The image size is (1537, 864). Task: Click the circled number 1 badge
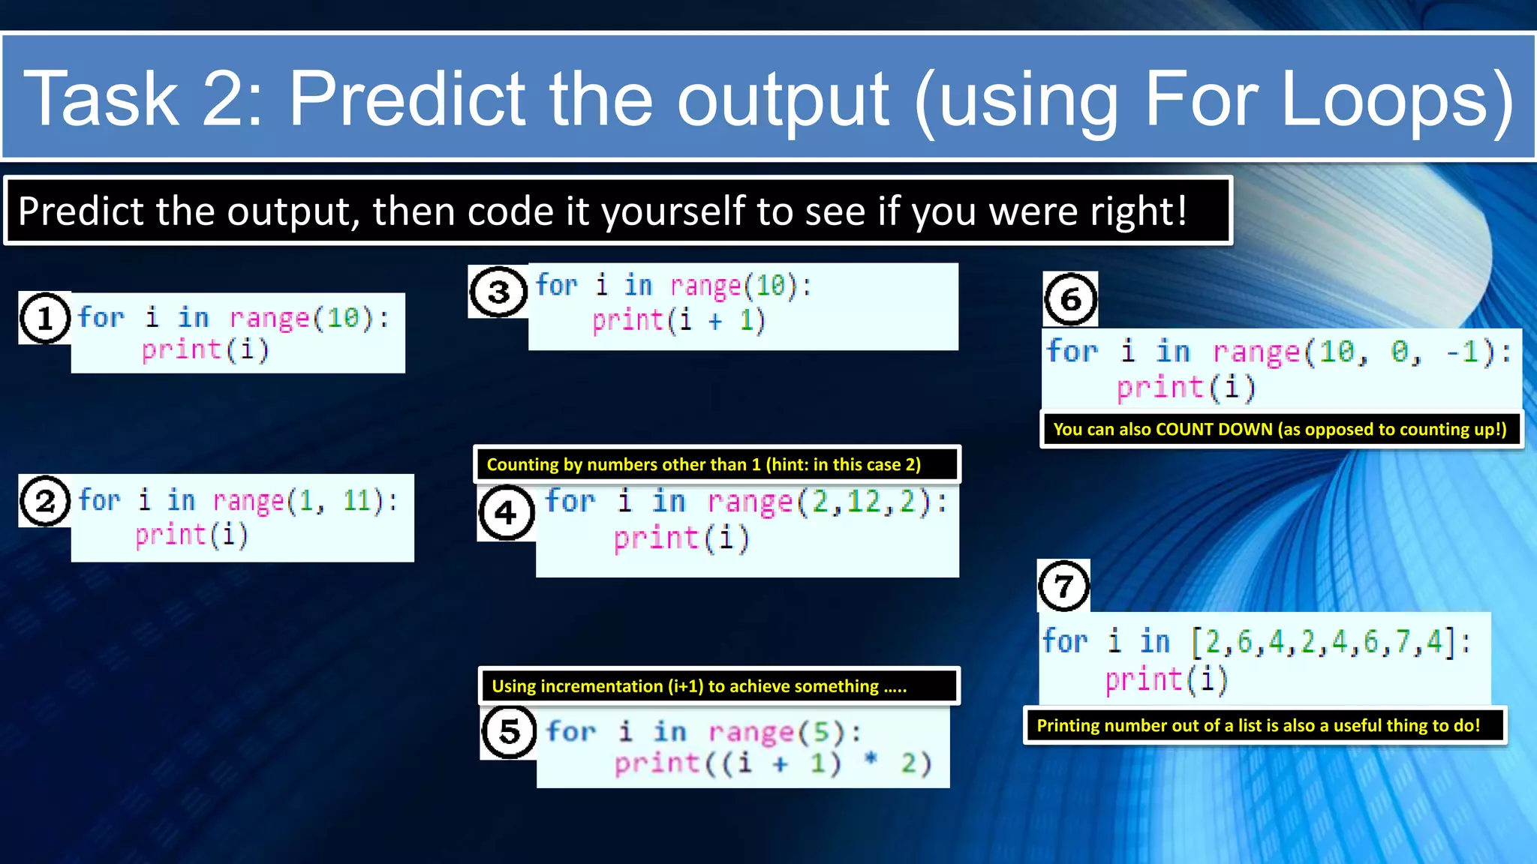tap(45, 318)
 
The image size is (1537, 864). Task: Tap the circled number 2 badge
tap(45, 501)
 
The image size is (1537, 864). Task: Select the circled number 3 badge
tap(498, 292)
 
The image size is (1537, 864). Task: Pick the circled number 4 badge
tap(507, 513)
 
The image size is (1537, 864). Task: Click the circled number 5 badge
tap(509, 731)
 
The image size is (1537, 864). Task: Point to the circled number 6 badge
tap(1070, 299)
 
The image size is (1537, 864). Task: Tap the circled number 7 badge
tap(1063, 586)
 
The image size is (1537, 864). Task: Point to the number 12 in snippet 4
tap(863, 501)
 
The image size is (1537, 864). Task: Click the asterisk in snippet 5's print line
tap(871, 760)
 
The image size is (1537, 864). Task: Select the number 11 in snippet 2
tap(357, 500)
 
